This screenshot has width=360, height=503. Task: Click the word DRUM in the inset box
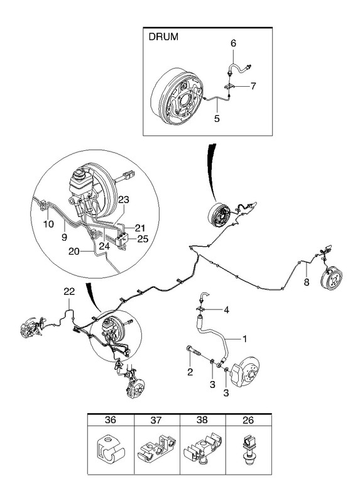pyautogui.click(x=163, y=36)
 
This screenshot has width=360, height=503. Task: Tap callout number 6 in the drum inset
pyautogui.click(x=233, y=43)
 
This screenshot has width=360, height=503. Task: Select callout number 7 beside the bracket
pyautogui.click(x=253, y=86)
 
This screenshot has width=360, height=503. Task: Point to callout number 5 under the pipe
pyautogui.click(x=217, y=119)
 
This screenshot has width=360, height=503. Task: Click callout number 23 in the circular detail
pyautogui.click(x=123, y=199)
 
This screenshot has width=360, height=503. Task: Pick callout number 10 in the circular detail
pyautogui.click(x=49, y=224)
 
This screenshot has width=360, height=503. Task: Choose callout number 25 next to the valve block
pyautogui.click(x=143, y=239)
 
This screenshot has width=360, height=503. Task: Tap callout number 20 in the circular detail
pyautogui.click(x=74, y=251)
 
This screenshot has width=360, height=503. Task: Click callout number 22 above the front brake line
pyautogui.click(x=69, y=291)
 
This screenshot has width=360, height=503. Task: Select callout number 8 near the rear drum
pyautogui.click(x=307, y=282)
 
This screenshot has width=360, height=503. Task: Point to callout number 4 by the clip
pyautogui.click(x=226, y=310)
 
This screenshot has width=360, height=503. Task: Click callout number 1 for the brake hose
pyautogui.click(x=244, y=339)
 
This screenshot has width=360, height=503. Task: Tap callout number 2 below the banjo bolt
pyautogui.click(x=190, y=372)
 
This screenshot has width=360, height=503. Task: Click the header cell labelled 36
pyautogui.click(x=111, y=419)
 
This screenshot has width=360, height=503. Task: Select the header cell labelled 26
pyautogui.click(x=248, y=419)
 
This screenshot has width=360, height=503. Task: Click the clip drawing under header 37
pyautogui.click(x=157, y=450)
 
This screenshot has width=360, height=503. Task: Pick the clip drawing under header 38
pyautogui.click(x=202, y=449)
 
